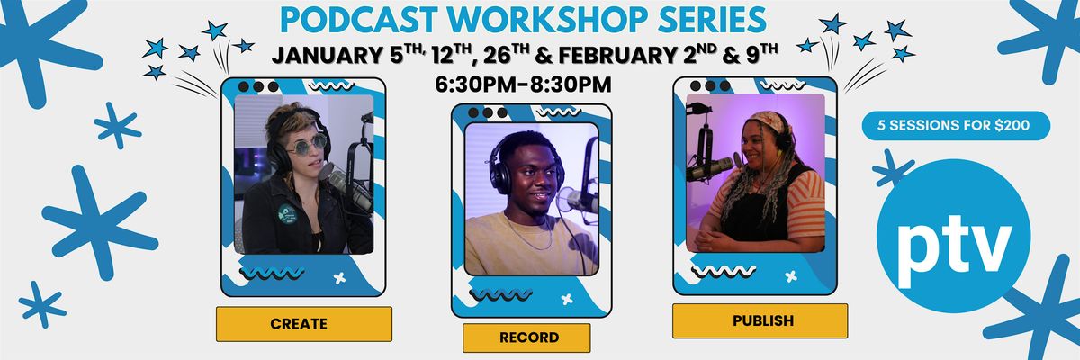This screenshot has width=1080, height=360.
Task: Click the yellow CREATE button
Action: pos(303,323)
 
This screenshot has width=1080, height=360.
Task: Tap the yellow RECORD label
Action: pos(526,337)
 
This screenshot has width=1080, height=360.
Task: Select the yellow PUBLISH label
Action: pos(760,319)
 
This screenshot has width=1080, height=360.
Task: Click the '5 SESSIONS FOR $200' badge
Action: pos(957,126)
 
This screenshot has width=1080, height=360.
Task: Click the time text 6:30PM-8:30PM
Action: pos(523,84)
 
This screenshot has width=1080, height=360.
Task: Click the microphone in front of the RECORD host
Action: pos(577,200)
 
